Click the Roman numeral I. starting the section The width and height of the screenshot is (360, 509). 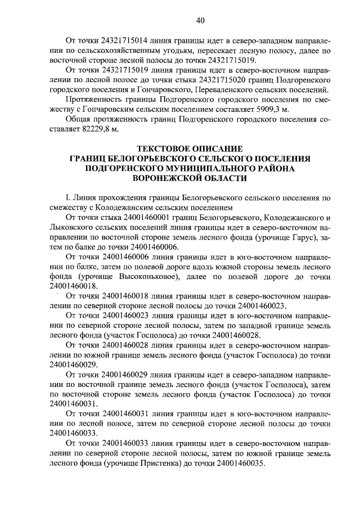pos(67,198)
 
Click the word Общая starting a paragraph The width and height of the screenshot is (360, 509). pos(79,119)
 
